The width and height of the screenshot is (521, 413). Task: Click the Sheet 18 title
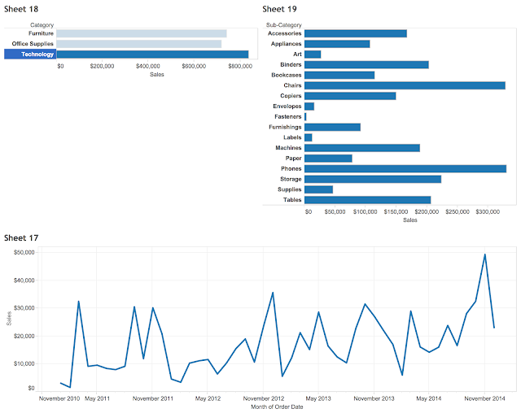coord(21,8)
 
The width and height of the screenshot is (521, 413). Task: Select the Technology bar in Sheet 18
coord(152,54)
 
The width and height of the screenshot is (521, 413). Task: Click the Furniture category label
coord(40,33)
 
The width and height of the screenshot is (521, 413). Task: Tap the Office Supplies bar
coord(138,44)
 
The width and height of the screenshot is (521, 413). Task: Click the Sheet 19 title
coord(280,8)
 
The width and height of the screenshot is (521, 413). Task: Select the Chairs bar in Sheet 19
coord(405,85)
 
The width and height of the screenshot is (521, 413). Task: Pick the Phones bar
coord(405,169)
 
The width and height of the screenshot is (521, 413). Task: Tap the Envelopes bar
coord(309,107)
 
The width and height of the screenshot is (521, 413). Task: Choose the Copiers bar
coord(350,96)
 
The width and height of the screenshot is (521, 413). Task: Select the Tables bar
coord(367,200)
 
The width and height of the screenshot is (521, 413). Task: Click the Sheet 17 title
coord(21,237)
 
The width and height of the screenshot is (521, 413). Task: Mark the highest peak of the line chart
coord(485,254)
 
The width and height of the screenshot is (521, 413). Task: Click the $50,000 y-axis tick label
coord(23,253)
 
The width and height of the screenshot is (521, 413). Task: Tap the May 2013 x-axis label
coord(319,398)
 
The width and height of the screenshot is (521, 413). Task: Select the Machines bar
coord(362,148)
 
